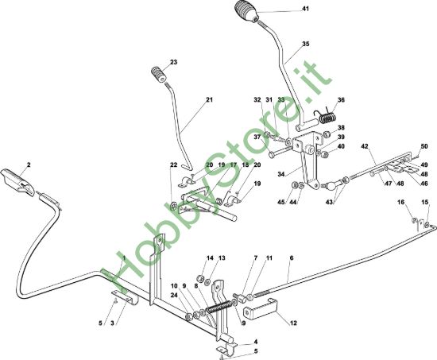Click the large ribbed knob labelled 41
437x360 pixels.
247,11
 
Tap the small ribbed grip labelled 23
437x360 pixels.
159,74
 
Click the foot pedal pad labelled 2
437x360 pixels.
17,182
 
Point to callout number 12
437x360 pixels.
293,323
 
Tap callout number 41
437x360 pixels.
305,9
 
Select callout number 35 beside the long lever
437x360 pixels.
305,44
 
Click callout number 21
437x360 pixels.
209,99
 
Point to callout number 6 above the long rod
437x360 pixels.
292,258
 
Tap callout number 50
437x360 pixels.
424,146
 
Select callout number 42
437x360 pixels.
365,146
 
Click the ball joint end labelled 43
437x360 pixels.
331,185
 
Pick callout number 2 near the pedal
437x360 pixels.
29,165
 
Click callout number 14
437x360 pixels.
210,258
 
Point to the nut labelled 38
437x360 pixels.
328,134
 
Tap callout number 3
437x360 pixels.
112,323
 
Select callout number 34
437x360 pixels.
281,174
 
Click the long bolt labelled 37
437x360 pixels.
280,153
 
